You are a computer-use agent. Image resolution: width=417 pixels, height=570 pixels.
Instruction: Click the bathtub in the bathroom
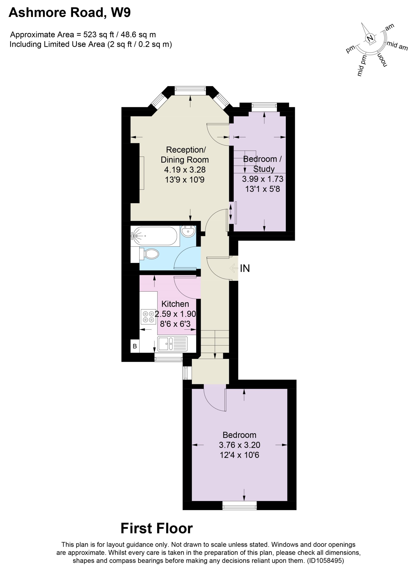pyautogui.click(x=155, y=236)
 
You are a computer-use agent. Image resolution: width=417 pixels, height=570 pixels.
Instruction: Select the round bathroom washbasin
pyautogui.click(x=188, y=231)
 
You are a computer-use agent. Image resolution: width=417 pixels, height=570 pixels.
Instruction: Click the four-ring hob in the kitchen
pyautogui.click(x=148, y=317)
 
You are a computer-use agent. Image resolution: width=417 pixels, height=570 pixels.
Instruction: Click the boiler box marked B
pyautogui.click(x=135, y=346)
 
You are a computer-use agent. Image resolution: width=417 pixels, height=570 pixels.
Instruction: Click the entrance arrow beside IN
pyautogui.click(x=234, y=268)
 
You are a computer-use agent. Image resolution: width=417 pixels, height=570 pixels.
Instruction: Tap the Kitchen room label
pyautogui.click(x=175, y=304)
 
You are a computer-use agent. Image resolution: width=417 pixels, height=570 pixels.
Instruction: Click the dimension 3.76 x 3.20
pyautogui.click(x=240, y=445)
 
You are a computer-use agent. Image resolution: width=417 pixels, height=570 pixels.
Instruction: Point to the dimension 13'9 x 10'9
pyautogui.click(x=185, y=180)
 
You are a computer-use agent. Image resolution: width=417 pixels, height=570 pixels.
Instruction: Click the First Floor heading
pyautogui.click(x=157, y=528)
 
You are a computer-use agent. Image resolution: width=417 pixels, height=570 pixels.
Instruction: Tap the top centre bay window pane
pyautogui.click(x=190, y=91)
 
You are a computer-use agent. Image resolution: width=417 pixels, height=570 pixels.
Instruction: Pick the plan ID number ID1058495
pyautogui.click(x=326, y=561)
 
